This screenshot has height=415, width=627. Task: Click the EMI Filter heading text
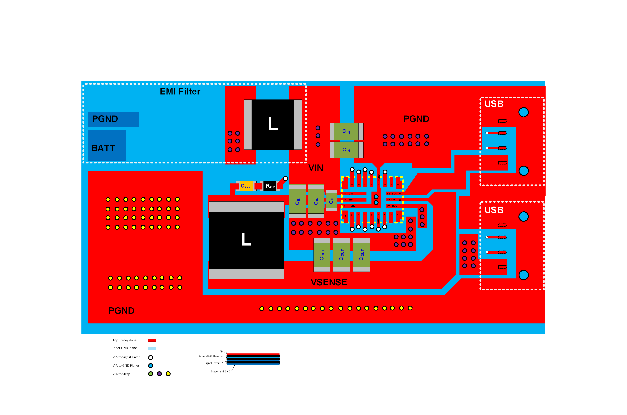point(180,92)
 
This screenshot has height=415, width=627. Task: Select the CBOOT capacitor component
point(246,186)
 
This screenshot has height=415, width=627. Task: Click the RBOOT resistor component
point(270,186)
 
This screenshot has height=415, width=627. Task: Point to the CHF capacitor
point(331,200)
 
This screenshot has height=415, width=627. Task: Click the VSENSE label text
point(329,282)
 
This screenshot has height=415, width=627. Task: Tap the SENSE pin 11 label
point(391,199)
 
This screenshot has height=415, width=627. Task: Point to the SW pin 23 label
point(350,200)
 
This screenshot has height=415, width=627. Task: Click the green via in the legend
point(151,374)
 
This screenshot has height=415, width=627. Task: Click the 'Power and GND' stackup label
point(220,372)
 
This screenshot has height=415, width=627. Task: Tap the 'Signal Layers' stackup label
point(212,363)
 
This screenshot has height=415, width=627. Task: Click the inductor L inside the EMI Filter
point(273,124)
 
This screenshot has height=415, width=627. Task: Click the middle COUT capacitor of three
point(341,255)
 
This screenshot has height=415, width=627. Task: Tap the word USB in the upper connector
point(494,104)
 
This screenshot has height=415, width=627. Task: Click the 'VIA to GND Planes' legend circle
point(151,366)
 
